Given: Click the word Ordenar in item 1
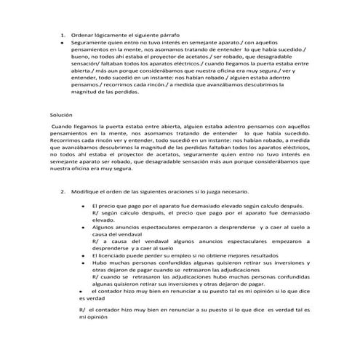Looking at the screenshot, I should point(82,35).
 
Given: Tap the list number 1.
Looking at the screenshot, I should point(63,35).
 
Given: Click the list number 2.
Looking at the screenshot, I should point(63,192).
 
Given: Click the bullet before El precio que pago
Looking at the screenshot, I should point(84,206).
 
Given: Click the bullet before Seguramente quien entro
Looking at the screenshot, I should point(64,43).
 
